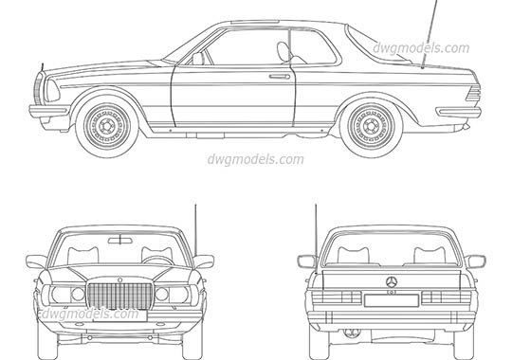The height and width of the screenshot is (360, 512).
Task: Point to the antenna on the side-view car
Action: [x=428, y=36]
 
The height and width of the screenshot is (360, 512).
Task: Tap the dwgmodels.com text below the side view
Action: [x=255, y=158]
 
